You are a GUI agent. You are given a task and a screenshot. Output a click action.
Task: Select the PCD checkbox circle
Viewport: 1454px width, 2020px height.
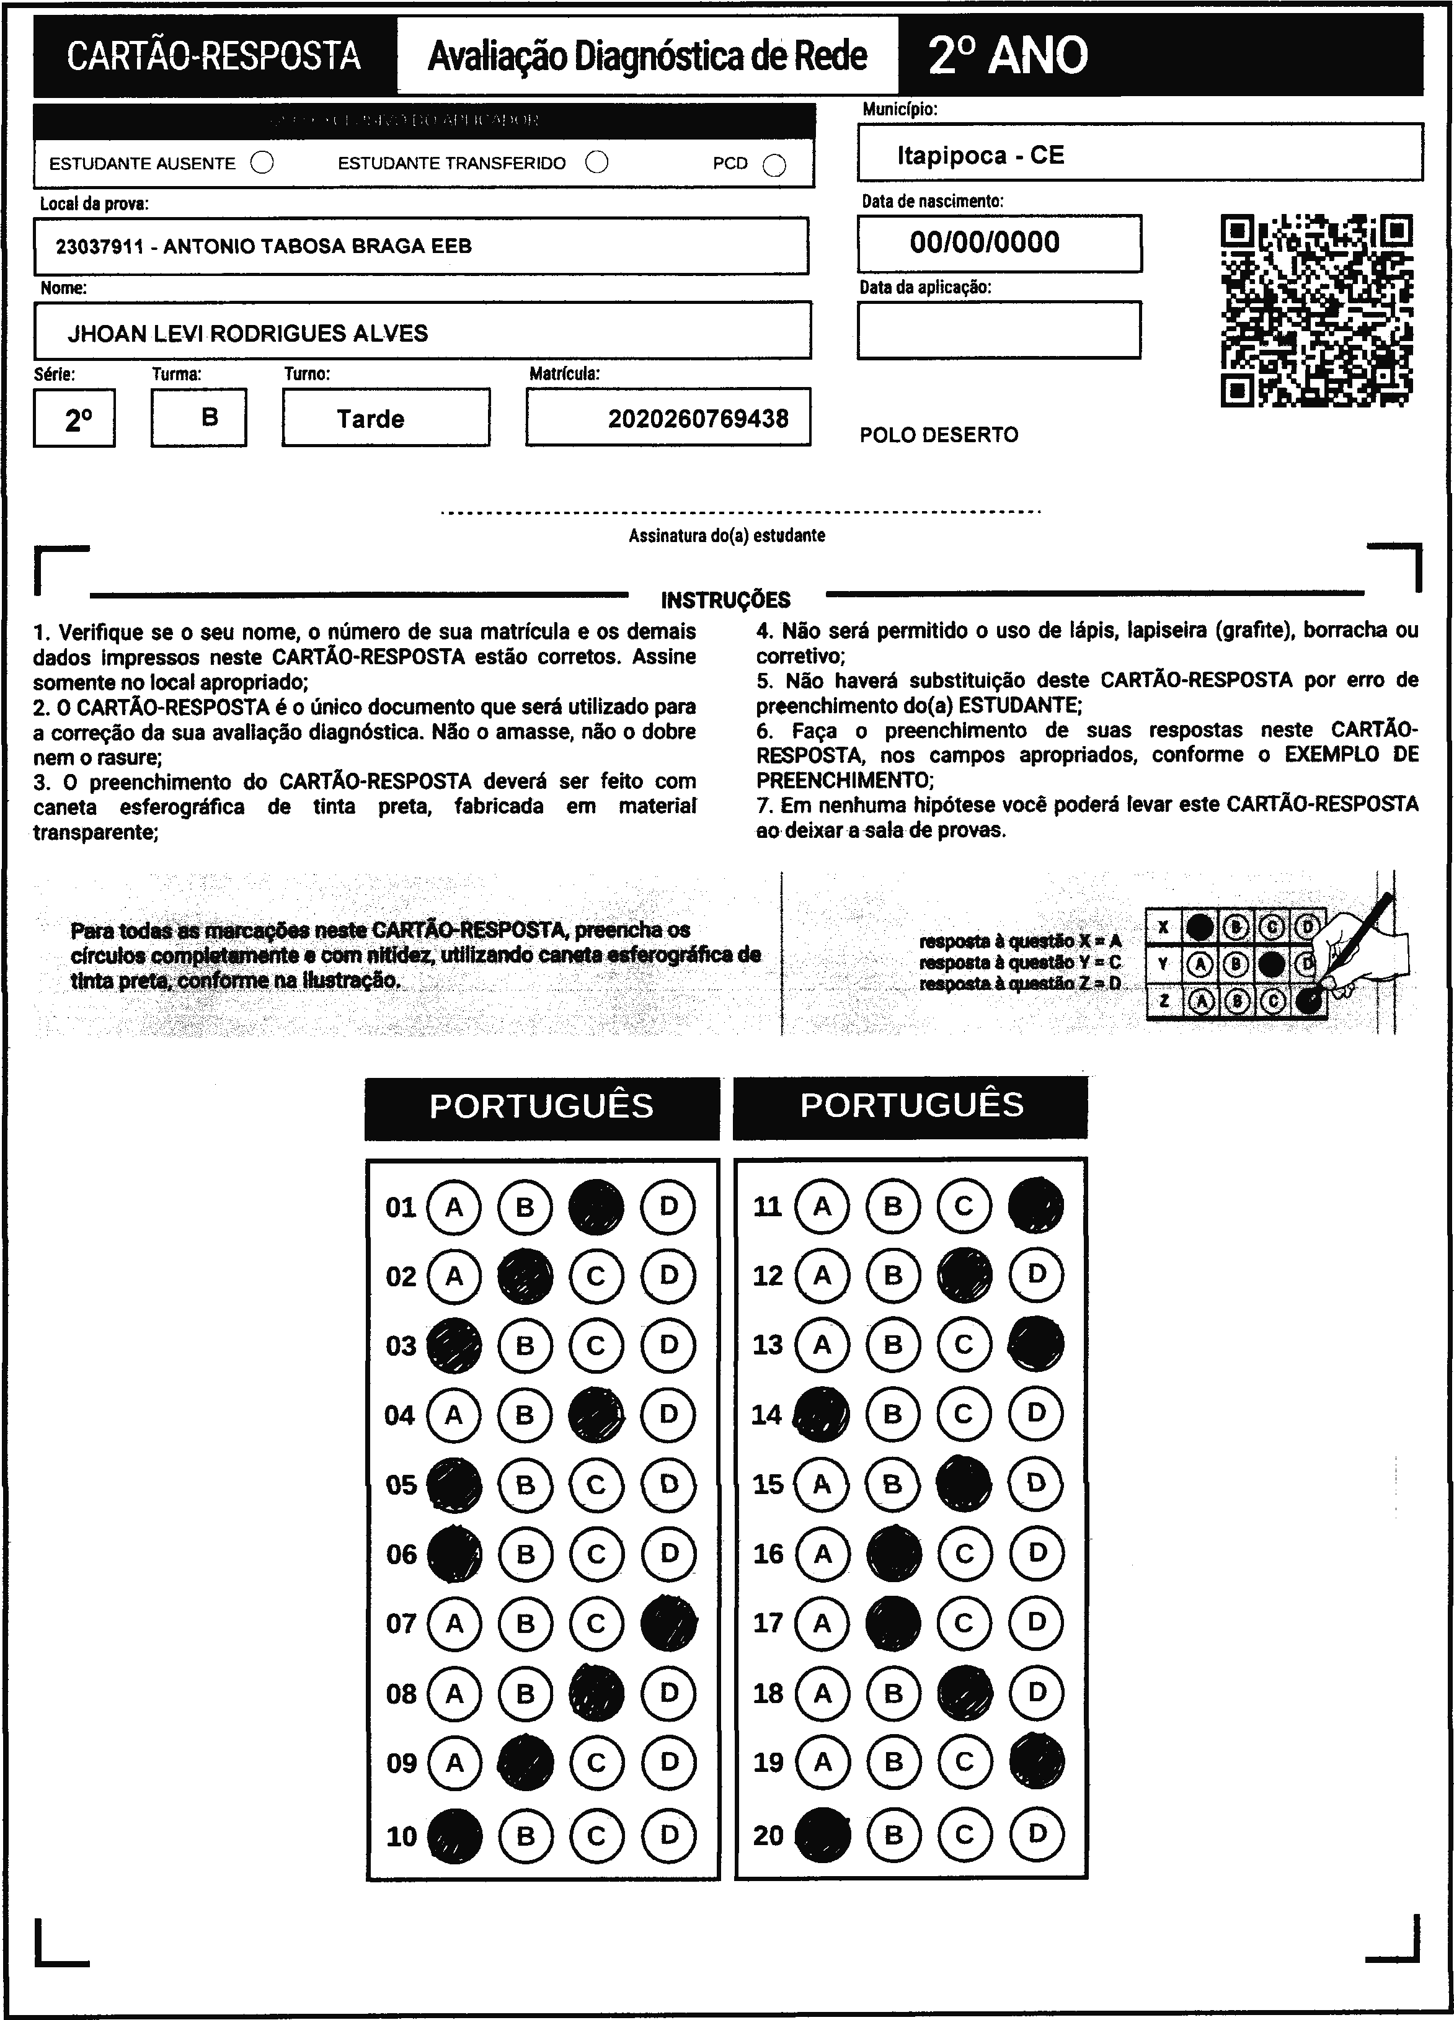[774, 166]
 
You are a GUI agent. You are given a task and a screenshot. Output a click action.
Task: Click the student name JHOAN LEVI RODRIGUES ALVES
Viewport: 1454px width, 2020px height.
[247, 333]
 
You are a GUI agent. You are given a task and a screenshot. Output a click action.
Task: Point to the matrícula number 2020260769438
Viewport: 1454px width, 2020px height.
[698, 419]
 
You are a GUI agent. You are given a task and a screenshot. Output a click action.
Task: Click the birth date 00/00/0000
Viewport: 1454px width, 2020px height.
[984, 242]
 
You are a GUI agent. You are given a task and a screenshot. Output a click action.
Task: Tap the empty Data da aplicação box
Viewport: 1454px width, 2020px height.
[998, 329]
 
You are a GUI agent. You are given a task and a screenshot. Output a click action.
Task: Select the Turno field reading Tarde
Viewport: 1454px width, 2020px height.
[370, 419]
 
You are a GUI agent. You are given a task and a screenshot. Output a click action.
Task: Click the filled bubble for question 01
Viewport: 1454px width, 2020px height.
[596, 1207]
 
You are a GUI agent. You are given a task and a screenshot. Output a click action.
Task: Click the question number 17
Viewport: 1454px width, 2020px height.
[768, 1623]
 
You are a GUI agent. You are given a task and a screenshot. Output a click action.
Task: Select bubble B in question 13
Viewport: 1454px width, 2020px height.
[893, 1345]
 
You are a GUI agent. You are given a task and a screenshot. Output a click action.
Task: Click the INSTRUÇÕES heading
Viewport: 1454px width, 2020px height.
[725, 599]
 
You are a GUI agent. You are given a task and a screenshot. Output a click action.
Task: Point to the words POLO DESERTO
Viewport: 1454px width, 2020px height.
[939, 435]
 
